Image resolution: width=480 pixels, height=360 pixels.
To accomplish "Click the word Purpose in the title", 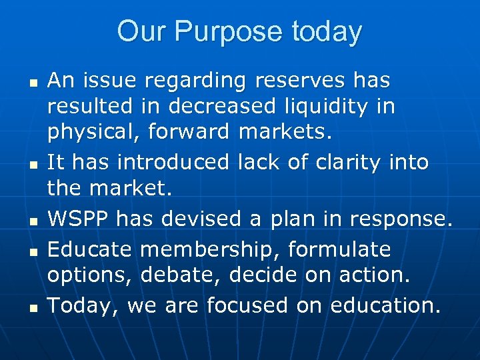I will coord(219,32).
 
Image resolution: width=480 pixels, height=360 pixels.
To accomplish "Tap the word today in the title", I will coord(324,32).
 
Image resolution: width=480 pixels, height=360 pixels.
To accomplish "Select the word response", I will coord(403,218).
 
